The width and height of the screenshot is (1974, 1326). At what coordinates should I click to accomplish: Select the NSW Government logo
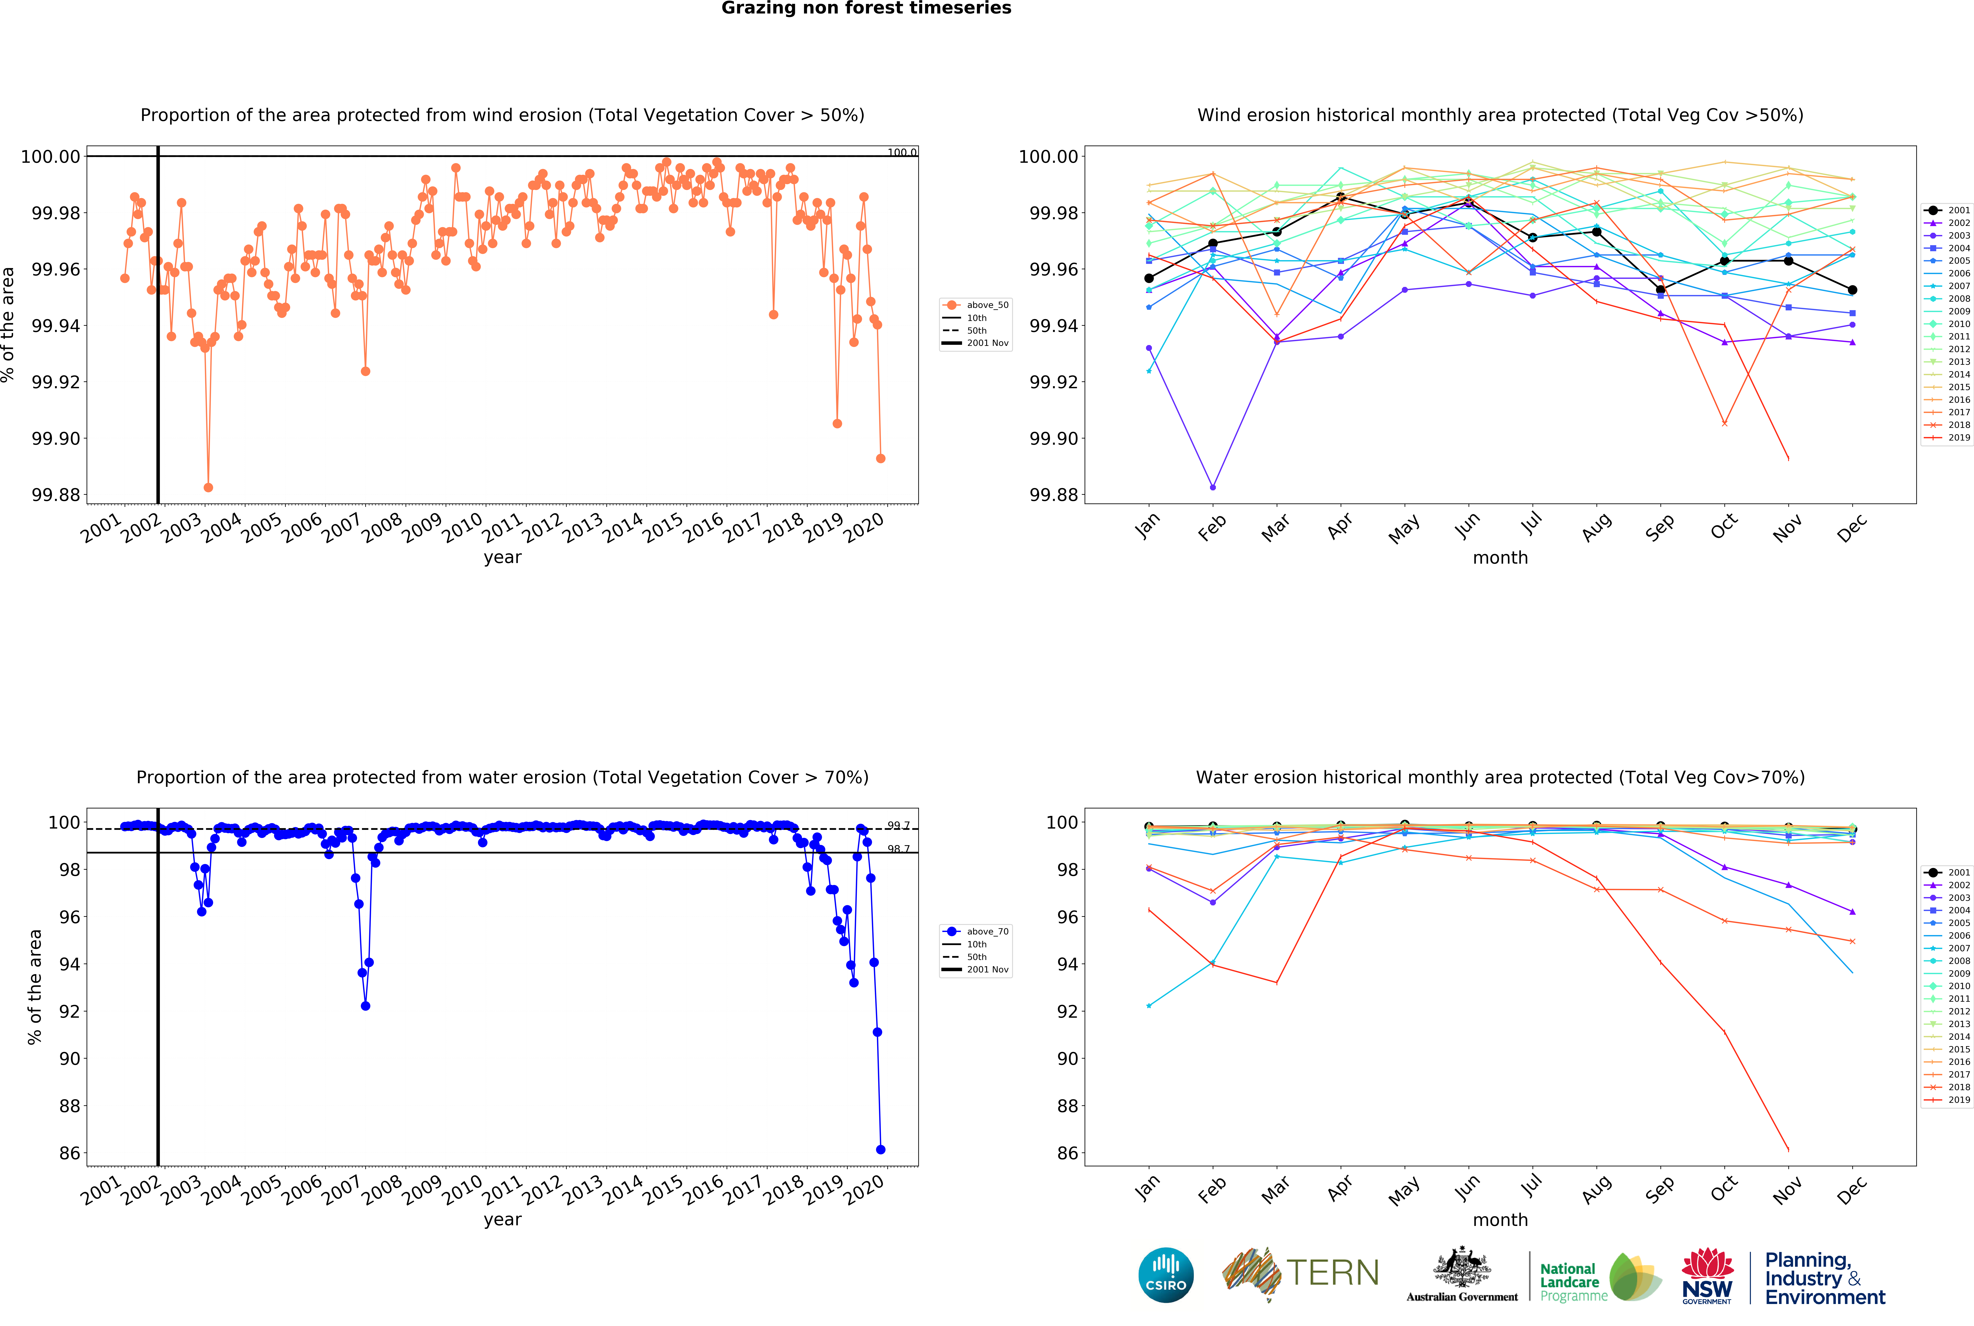click(1707, 1275)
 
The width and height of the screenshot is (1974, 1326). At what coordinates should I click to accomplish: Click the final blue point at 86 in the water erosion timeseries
click(880, 1149)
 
